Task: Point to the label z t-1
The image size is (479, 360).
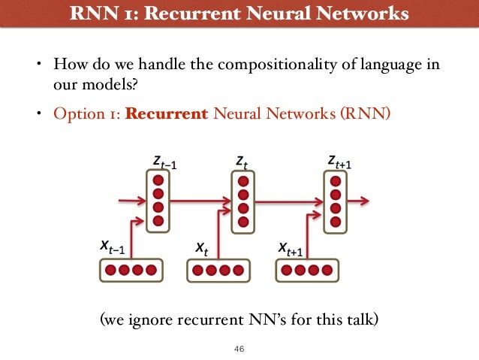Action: [164, 162]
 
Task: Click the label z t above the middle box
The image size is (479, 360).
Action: [241, 162]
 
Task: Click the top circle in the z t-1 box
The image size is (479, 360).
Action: [158, 181]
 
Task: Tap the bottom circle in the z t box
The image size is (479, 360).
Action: [242, 222]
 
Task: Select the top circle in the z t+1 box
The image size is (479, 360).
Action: [335, 181]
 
